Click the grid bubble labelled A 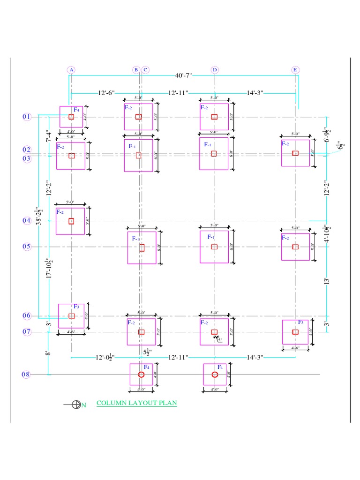click(71, 70)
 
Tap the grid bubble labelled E click(295, 70)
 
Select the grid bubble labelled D click(215, 70)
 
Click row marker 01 click(26, 117)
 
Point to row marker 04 click(26, 221)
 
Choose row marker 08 click(26, 375)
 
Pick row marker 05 click(26, 247)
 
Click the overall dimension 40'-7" click(183, 75)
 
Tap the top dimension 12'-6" click(106, 93)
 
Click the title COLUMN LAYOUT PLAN click(136, 403)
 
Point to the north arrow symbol click(76, 405)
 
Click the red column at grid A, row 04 click(71, 221)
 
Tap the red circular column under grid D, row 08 click(215, 375)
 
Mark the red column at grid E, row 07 click(295, 332)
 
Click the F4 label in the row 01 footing click(76, 110)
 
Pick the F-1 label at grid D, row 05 click(211, 237)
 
